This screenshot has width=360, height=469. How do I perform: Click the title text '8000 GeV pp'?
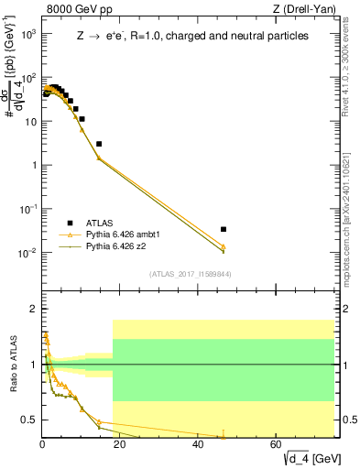click(74, 9)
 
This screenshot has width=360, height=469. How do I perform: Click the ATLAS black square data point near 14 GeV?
click(99, 144)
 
